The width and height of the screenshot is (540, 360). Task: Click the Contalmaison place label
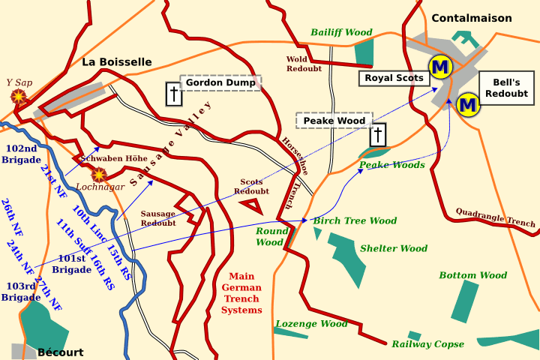point(471,18)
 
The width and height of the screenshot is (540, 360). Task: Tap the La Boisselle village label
point(117,62)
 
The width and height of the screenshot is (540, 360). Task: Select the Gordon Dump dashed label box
point(220,82)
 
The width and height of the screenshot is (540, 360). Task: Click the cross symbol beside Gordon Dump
point(174,94)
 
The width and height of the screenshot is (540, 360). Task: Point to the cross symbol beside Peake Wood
point(378,135)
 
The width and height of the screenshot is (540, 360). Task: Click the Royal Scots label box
point(394,77)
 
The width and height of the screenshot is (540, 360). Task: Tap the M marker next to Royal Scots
point(439,67)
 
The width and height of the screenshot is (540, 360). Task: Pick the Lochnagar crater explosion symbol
point(98,174)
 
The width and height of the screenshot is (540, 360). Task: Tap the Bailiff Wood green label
point(341,32)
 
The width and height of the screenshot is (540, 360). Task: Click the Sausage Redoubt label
point(157,218)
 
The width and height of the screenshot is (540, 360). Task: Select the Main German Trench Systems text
point(242,293)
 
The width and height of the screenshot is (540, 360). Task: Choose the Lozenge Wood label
point(311,324)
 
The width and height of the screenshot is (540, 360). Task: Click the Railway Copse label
point(427,344)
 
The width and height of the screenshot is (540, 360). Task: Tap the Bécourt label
point(60,352)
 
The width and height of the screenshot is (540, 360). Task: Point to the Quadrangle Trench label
point(495,217)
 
